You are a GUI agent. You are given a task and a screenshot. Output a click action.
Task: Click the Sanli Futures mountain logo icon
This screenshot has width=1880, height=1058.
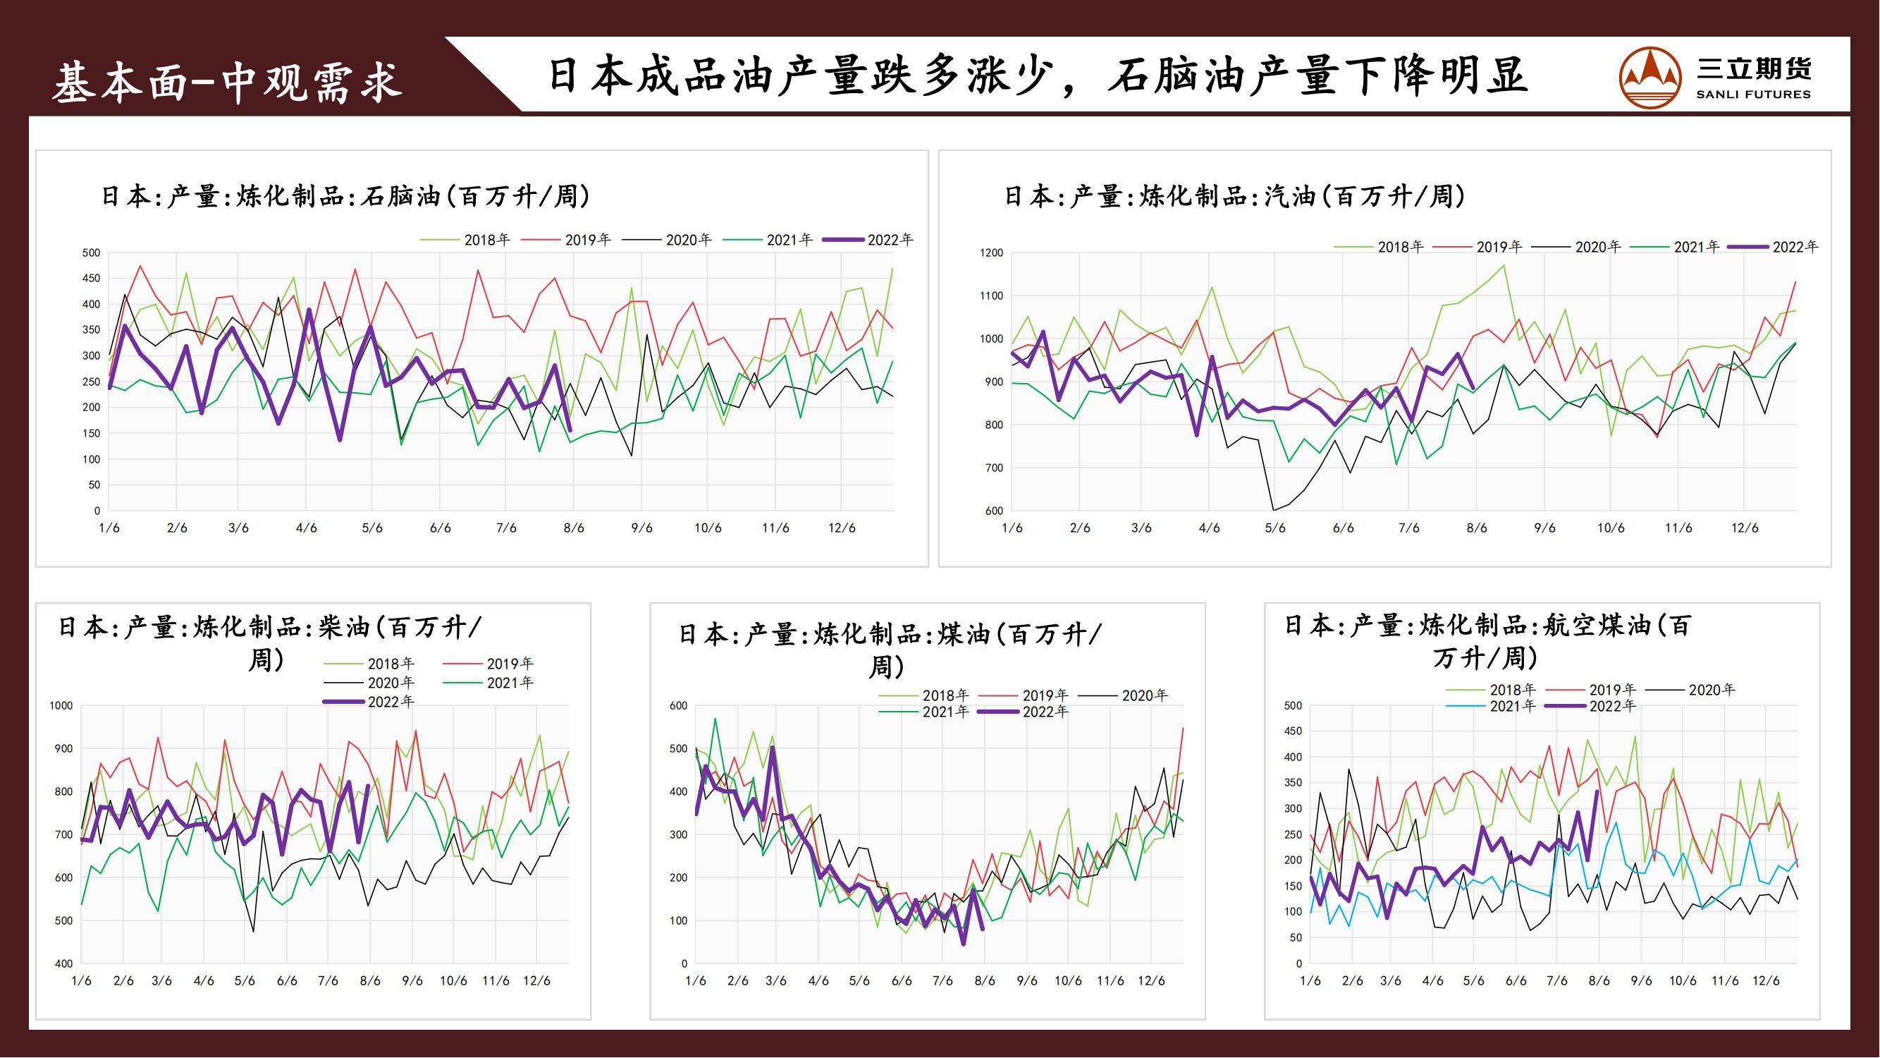click(x=1650, y=77)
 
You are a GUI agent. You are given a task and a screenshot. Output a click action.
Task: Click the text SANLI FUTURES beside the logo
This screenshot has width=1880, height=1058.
click(x=1753, y=95)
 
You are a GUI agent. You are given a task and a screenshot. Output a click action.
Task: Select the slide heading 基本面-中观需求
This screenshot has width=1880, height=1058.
click(x=227, y=81)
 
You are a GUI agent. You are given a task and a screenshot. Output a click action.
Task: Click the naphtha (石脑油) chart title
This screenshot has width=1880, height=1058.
click(x=345, y=195)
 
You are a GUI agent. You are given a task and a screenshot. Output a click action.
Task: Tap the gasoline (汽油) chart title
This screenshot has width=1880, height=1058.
click(x=1234, y=195)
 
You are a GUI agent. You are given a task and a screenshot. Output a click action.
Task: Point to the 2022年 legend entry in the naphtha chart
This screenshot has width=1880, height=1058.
click(x=868, y=240)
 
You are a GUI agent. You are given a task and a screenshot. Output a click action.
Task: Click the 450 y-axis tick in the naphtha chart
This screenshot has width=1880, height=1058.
click(x=91, y=278)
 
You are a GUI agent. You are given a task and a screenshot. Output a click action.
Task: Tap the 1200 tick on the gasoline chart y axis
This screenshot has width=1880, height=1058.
click(x=991, y=253)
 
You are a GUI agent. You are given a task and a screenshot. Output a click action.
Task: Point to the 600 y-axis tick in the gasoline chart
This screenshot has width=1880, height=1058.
click(x=994, y=511)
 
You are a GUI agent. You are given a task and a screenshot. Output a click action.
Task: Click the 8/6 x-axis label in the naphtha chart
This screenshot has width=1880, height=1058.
click(x=574, y=528)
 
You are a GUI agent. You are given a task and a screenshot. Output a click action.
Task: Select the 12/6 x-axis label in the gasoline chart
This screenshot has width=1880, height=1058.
click(x=1745, y=528)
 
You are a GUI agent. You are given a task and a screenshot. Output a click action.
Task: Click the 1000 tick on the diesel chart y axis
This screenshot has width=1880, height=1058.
click(x=61, y=705)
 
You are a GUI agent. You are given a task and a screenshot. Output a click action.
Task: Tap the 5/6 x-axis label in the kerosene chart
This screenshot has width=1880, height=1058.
click(x=859, y=980)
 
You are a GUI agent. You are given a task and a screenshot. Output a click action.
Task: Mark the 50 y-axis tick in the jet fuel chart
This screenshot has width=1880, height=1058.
click(x=1295, y=937)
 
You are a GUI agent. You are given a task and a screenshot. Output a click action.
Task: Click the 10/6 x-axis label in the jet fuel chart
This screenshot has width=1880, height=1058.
click(x=1683, y=980)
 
